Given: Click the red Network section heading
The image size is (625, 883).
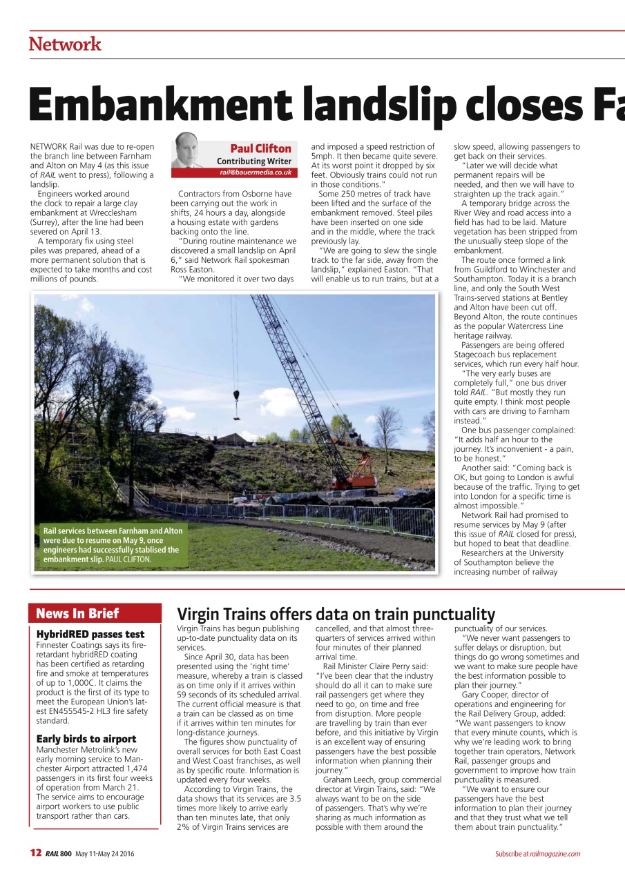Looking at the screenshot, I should tap(65, 45).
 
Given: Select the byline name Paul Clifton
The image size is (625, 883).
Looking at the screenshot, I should tap(260, 148).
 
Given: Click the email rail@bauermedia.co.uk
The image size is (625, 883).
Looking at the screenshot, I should tap(256, 172).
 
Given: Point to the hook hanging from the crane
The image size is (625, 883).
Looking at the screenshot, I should tap(237, 397).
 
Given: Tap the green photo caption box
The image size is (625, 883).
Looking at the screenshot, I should tap(110, 545).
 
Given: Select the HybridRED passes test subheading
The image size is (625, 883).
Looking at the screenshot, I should tap(90, 634).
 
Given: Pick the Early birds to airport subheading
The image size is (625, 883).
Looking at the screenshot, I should tap(86, 739).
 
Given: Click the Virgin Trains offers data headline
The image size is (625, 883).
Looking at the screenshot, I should tap(336, 614).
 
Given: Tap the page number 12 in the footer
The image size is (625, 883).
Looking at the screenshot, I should tap(36, 853).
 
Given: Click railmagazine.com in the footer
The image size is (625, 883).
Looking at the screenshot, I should tap(555, 854).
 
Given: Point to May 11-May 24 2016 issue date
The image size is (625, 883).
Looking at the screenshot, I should tap(104, 854).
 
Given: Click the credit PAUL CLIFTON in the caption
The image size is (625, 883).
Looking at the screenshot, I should tap(128, 559).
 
